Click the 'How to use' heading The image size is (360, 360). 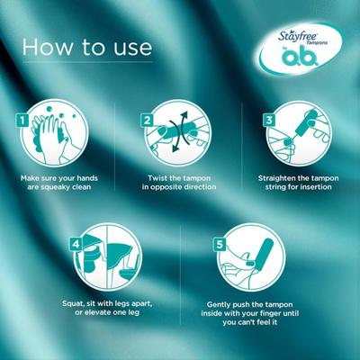[87, 48]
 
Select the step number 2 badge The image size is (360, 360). [148, 119]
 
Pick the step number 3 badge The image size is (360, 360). [267, 119]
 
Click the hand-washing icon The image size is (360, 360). [59, 139]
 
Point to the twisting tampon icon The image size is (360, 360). [179, 139]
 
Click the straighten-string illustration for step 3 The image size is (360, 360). [299, 139]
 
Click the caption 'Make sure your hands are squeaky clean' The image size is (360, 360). [59, 183]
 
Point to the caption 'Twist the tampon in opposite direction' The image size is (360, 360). [179, 183]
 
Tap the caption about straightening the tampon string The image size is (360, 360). [299, 183]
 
